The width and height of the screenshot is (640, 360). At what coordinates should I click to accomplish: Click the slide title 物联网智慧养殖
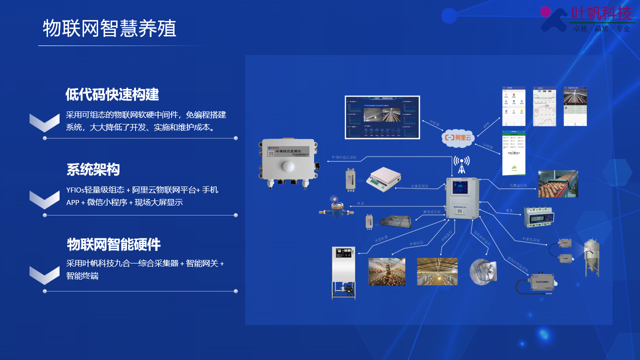(110, 28)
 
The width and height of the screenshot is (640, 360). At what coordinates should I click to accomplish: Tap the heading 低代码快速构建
(112, 94)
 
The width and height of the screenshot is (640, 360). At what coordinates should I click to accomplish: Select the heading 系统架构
(93, 169)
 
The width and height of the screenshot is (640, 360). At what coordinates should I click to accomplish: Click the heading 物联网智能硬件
(114, 244)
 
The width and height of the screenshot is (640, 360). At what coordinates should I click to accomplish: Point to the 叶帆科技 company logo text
(602, 13)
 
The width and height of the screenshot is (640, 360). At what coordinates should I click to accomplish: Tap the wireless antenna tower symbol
(461, 164)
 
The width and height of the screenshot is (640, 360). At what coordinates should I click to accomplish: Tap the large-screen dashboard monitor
(382, 116)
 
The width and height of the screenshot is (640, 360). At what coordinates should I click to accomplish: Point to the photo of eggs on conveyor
(557, 184)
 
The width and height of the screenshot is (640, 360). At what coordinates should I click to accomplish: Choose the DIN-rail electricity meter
(539, 218)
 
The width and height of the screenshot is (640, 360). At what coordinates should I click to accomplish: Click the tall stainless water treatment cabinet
(343, 272)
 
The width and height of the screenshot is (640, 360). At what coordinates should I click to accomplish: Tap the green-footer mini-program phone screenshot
(513, 153)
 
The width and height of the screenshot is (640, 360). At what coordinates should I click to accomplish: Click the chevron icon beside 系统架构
(45, 198)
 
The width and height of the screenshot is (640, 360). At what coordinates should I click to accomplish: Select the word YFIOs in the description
(75, 190)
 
